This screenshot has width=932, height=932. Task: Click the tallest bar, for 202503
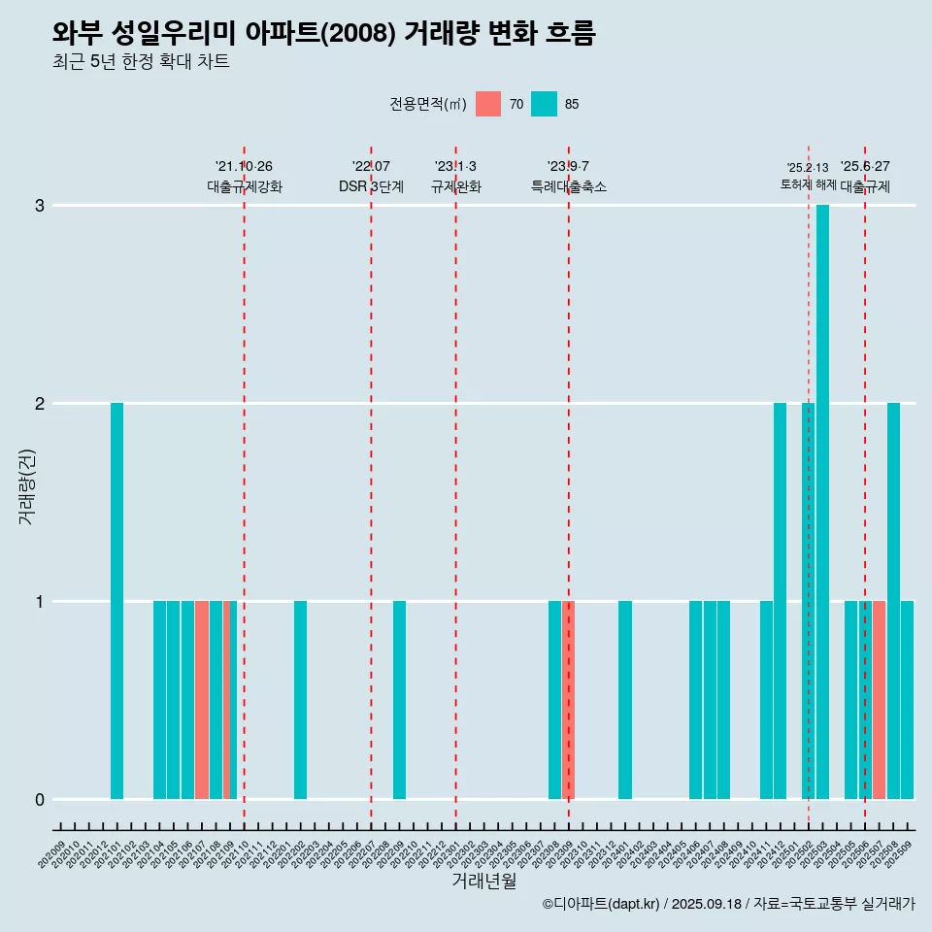point(822,502)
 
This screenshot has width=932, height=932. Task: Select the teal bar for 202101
point(116,601)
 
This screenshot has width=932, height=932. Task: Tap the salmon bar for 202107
point(202,700)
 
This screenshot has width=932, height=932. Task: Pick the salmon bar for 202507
point(879,700)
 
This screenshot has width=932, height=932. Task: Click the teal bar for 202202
point(300,700)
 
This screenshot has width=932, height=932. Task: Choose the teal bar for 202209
point(399,700)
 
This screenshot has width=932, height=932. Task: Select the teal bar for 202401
point(625,700)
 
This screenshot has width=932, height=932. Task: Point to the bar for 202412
point(780,601)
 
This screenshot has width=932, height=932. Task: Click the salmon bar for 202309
point(570,700)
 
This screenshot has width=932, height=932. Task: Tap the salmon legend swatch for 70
point(488,104)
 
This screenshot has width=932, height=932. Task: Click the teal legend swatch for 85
point(544,104)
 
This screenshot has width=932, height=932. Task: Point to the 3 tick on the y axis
point(40,206)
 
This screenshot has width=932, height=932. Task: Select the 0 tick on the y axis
point(40,799)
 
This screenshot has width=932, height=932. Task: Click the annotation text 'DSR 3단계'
point(371,186)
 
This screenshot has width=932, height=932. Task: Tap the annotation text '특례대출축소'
point(569,186)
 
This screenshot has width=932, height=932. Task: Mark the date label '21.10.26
point(244,166)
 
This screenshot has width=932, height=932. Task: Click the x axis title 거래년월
point(483,881)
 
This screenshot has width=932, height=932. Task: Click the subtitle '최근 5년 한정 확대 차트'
point(142,62)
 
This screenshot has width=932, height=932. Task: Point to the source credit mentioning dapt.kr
point(728,904)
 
